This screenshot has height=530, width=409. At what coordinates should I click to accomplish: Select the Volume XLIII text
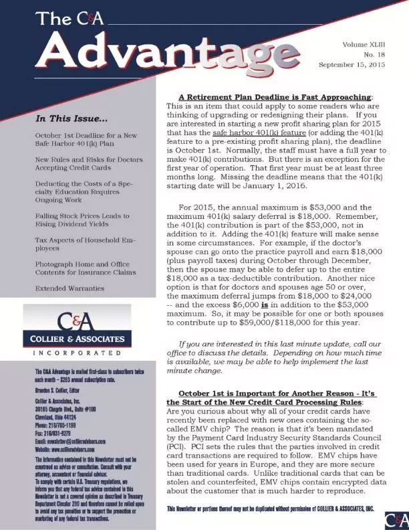(x=364, y=43)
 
